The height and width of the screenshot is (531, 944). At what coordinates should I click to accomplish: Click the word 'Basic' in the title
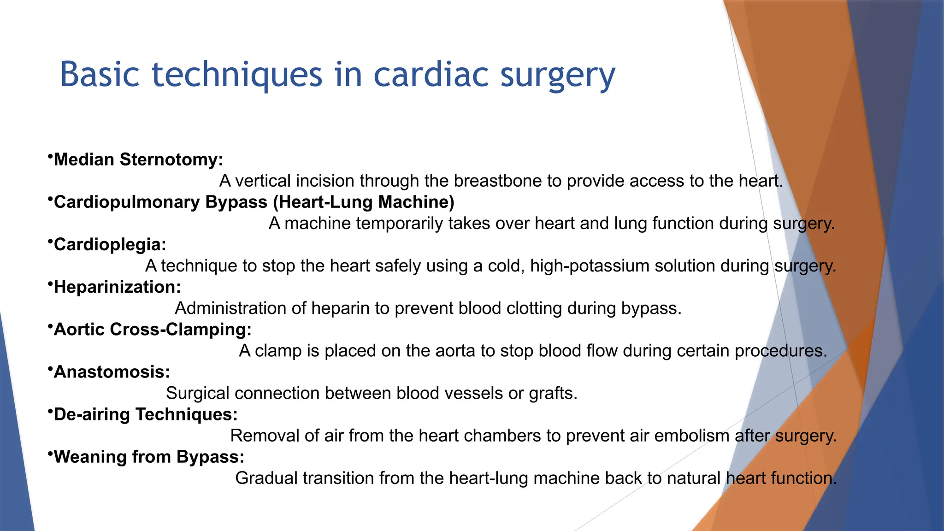(100, 75)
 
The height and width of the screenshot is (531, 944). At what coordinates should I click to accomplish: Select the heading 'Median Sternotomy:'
(138, 159)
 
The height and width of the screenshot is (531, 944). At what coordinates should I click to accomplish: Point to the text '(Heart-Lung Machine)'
(366, 202)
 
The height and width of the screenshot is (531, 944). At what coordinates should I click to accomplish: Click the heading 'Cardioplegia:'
(110, 244)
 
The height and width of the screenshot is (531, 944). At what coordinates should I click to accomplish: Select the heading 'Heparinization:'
(117, 287)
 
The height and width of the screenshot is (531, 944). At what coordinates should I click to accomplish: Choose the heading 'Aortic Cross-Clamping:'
(153, 329)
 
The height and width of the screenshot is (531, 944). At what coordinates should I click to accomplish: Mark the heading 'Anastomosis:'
(112, 372)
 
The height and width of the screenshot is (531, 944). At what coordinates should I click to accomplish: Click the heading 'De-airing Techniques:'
(146, 414)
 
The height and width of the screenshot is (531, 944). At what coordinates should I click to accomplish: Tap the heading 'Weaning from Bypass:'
(149, 457)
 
